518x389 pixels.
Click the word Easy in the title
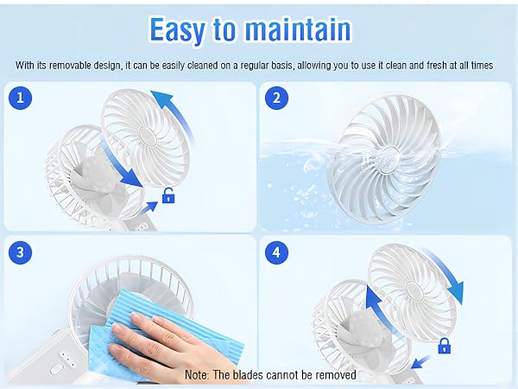point(178,29)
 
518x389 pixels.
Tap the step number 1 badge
point(21,98)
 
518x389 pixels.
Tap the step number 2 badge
point(276,98)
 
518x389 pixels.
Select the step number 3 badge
point(21,252)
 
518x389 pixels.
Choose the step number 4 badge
point(276,252)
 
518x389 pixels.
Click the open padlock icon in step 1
point(169,197)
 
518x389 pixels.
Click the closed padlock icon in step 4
point(445,346)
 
